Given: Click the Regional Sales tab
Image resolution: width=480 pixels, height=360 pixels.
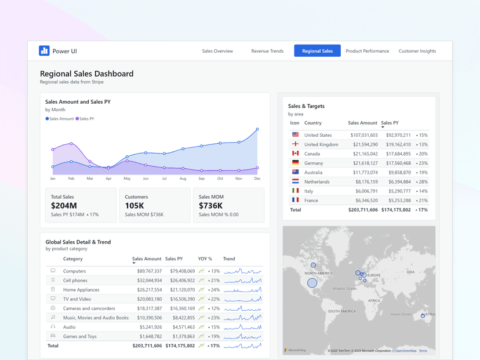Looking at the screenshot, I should (317, 51).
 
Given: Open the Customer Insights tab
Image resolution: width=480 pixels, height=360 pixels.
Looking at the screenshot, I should (417, 51).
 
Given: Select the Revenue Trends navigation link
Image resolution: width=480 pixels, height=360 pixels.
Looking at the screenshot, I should (267, 51).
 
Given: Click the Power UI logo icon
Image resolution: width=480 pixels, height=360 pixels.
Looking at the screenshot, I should (44, 51).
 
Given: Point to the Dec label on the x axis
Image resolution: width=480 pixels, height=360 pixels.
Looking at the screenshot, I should (257, 179).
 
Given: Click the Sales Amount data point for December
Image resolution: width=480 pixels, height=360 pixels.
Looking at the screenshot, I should (257, 129).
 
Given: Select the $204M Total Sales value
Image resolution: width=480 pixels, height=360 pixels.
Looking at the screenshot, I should (64, 206).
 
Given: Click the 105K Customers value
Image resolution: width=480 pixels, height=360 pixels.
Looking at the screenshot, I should (134, 206).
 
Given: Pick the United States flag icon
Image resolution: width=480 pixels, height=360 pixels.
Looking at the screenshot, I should (295, 134).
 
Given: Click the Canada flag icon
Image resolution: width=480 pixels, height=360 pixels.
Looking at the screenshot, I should (295, 154).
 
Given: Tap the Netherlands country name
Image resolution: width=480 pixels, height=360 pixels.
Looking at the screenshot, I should (317, 181).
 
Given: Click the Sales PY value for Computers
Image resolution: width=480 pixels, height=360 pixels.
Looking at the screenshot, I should (182, 271).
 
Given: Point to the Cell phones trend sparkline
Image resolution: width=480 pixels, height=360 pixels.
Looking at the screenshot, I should (242, 281).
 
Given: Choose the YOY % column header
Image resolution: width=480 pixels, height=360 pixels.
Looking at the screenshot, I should (205, 259).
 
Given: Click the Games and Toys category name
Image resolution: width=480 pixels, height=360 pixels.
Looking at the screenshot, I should (80, 336).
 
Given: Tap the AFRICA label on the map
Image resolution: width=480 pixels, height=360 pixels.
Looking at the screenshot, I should (374, 300).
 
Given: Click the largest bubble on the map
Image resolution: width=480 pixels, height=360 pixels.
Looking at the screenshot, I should (312, 283).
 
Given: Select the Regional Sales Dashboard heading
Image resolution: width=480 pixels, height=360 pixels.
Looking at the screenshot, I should (86, 74).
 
